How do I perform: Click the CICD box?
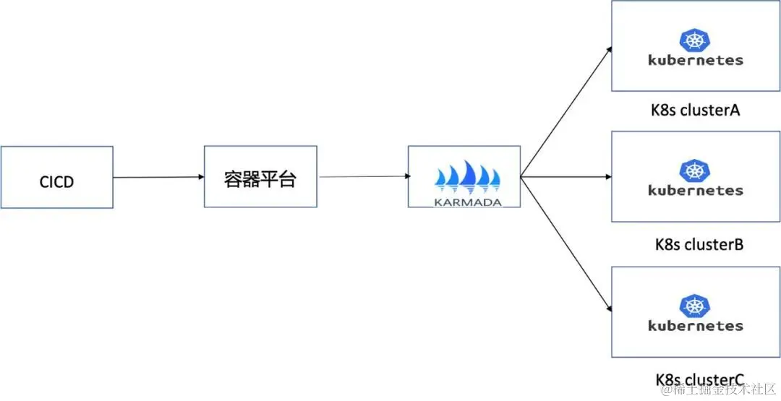point(56,178)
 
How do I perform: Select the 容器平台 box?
point(260,177)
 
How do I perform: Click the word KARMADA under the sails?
point(468,202)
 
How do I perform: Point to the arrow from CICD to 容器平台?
point(158,177)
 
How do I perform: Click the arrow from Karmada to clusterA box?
point(566,112)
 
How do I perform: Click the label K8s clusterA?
point(694,111)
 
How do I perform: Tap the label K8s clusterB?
point(699,244)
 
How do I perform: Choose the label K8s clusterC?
point(699,379)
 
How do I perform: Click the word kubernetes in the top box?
point(696,60)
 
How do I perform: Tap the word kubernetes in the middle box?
point(696,191)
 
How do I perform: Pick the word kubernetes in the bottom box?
point(696,325)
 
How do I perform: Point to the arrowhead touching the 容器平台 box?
point(200,177)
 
